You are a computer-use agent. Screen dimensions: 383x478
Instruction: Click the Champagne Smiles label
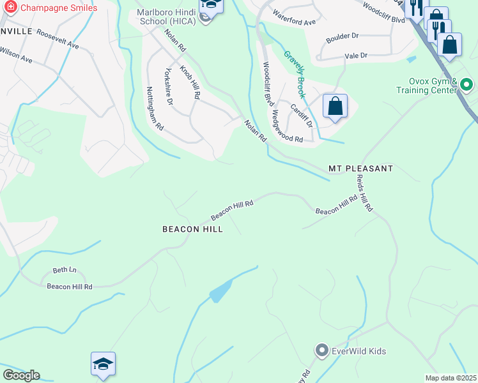tap(59, 8)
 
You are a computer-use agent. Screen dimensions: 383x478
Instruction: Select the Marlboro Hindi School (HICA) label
tap(166, 16)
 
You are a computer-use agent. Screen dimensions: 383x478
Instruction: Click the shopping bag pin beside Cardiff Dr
tap(335, 106)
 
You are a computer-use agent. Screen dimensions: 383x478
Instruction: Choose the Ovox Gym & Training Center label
tap(434, 86)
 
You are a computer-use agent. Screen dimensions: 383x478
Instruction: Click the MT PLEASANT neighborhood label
tap(360, 169)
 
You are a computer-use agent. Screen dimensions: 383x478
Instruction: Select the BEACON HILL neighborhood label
tap(192, 229)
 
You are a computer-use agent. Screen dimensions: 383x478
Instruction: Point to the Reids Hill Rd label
tap(364, 193)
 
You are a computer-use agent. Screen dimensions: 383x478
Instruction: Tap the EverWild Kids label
tap(358, 351)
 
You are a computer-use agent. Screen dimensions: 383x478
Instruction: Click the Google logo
tap(21, 375)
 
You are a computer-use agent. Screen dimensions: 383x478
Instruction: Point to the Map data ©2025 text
tap(451, 378)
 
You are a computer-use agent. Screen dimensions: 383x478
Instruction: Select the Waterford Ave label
tap(294, 17)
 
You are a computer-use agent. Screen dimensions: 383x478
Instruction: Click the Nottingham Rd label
tap(155, 109)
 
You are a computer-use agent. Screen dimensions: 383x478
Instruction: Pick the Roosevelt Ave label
tap(58, 40)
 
